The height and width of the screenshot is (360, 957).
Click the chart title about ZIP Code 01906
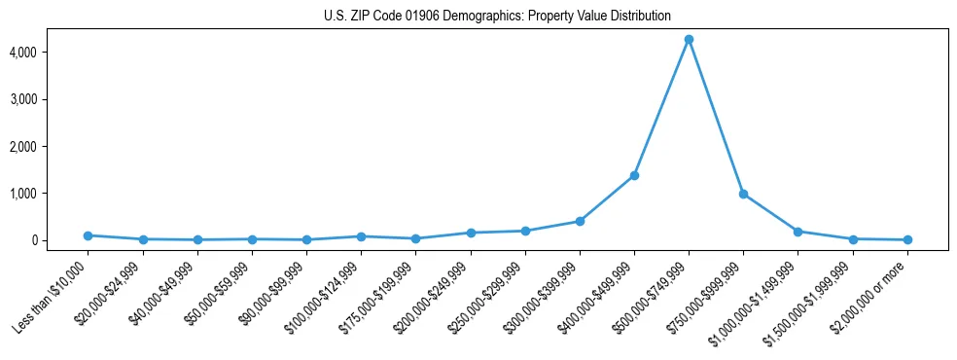[497, 16]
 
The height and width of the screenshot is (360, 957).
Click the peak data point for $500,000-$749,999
[689, 40]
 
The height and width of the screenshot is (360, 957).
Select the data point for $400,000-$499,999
[634, 175]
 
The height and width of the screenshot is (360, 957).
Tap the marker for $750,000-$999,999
[743, 194]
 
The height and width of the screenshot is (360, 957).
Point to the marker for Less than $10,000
[89, 235]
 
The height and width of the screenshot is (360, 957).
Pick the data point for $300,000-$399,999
[580, 221]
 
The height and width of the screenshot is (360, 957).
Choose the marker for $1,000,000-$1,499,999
[797, 232]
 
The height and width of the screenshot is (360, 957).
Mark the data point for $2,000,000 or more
[907, 239]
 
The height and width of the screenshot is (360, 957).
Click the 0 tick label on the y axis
[60, 240]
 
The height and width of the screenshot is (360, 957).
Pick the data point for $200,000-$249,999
[471, 233]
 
